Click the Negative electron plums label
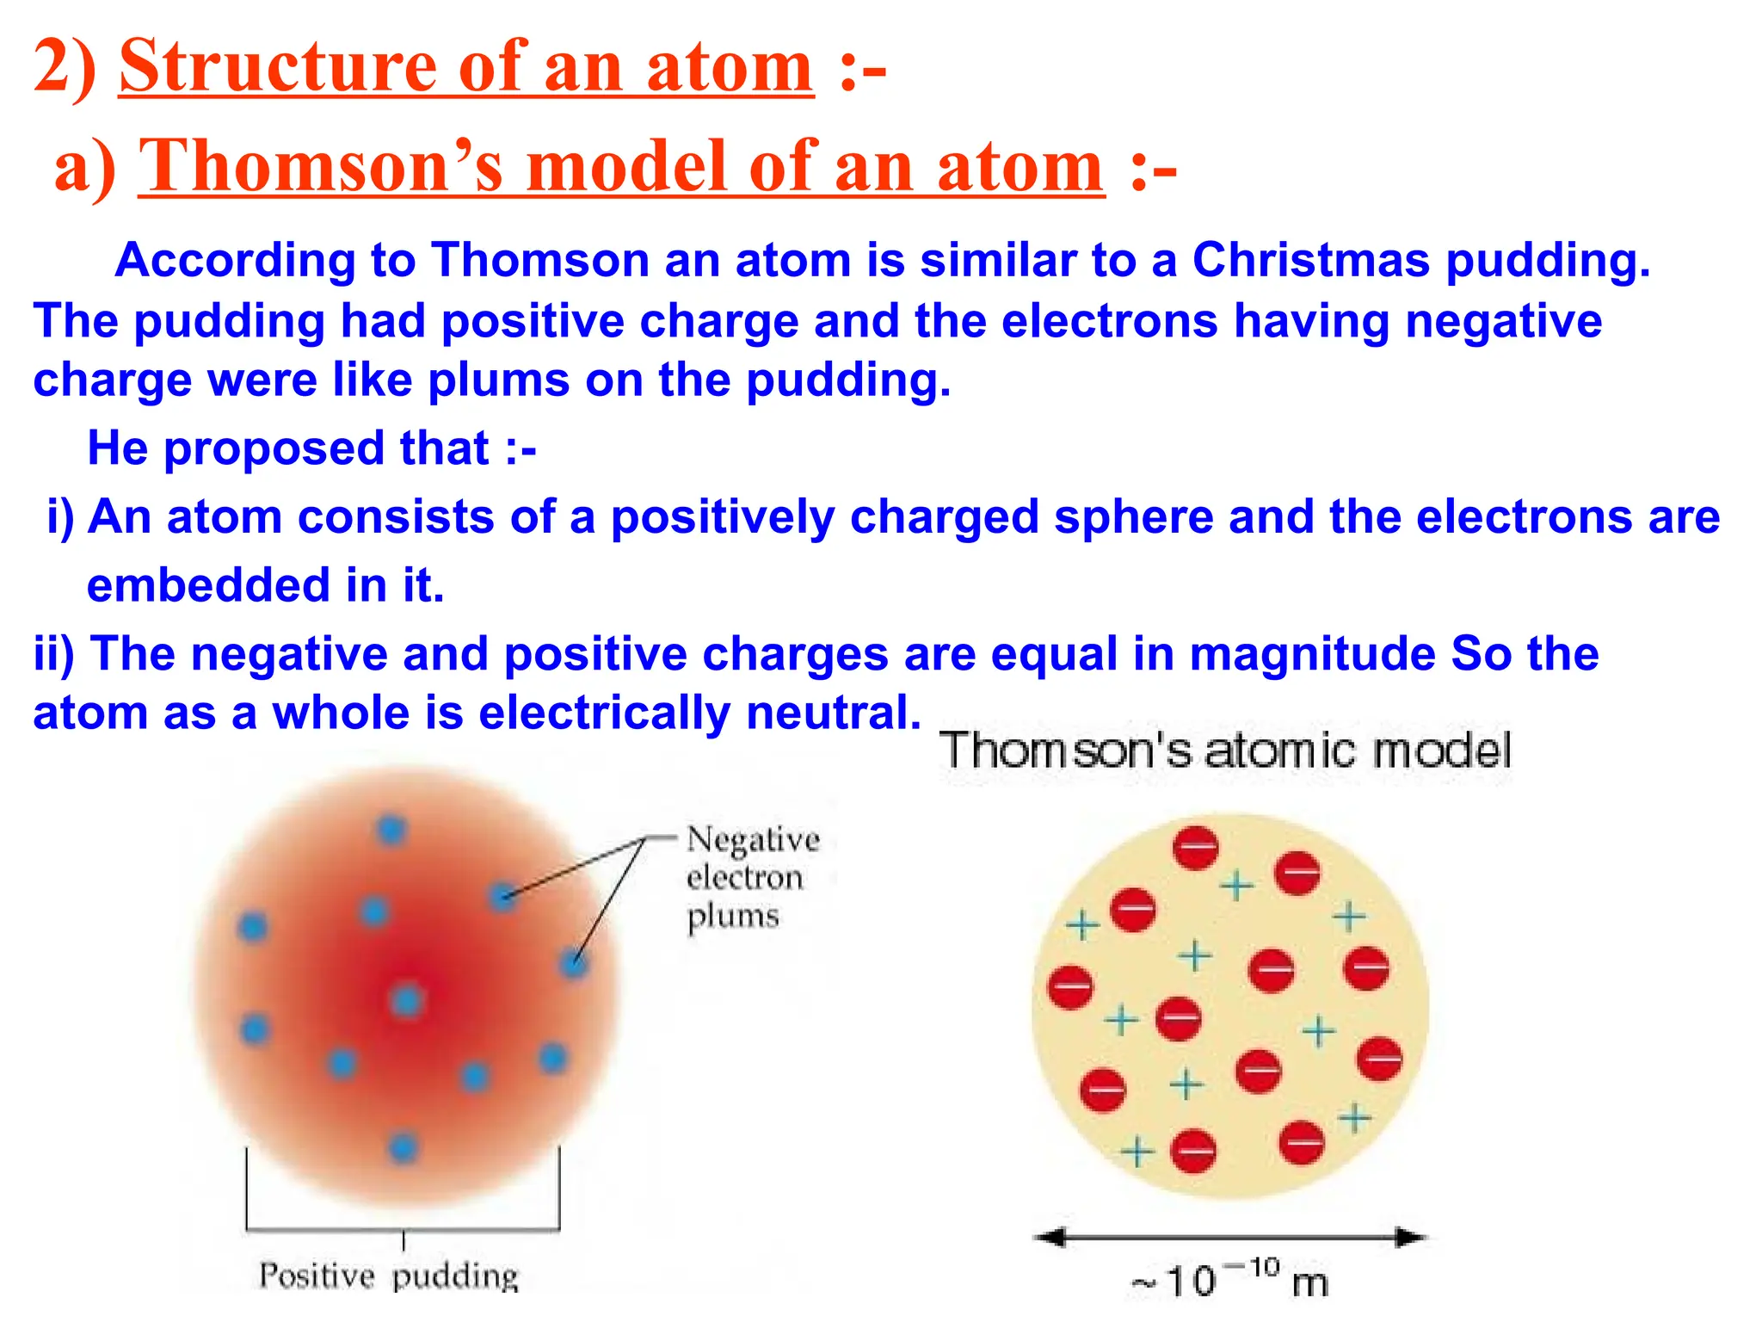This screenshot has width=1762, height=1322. coord(752,876)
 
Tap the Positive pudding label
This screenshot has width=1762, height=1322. coord(389,1276)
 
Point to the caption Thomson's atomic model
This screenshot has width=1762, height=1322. coord(1225,751)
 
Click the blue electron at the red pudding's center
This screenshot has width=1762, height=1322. coord(406,1000)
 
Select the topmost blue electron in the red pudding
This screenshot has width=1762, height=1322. coord(391,830)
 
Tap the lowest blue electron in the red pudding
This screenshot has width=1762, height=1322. coord(403,1146)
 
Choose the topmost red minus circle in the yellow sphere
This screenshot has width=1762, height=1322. coord(1196,847)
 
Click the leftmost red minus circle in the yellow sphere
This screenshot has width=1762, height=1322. coord(1070,986)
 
